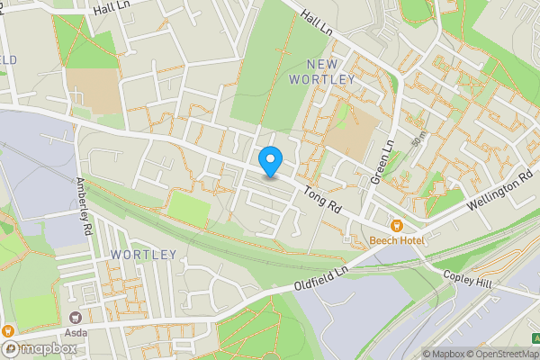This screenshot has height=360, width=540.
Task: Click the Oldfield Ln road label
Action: [320, 278]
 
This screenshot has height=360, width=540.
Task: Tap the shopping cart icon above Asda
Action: [76, 317]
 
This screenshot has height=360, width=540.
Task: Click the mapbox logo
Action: [38, 347]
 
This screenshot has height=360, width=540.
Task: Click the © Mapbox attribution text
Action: [444, 354]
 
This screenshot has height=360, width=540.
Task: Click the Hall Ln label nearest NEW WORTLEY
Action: [317, 18]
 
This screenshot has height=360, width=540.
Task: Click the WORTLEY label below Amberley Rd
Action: [144, 255]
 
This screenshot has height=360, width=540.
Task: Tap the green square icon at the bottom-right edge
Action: [536, 338]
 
